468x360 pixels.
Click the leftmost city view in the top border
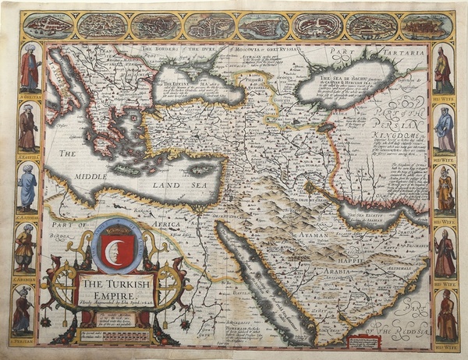point(48,26)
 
